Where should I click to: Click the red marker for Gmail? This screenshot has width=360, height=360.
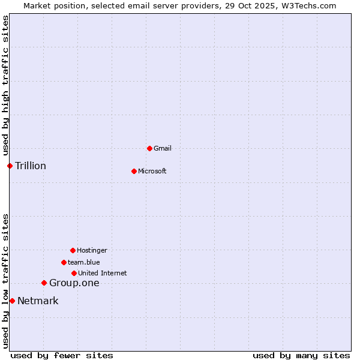149,148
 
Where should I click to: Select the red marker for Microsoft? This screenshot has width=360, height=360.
134,171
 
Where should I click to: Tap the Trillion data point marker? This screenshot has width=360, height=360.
10,166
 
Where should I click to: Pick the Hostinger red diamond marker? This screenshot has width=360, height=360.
73,250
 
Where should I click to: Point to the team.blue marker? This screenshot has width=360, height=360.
64,262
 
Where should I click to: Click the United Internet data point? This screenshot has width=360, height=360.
74,273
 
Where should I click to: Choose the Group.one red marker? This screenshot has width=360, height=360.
44,283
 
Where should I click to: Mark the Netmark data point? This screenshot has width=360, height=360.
12,301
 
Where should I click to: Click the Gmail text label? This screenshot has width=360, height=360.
163,148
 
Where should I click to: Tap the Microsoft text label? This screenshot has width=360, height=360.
152,171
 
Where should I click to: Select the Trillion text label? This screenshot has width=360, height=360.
31,166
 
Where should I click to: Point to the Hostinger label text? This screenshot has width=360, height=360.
92,250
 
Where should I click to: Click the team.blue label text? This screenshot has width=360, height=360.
84,262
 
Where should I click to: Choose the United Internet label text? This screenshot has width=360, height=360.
103,273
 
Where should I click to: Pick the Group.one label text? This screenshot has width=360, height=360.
74,283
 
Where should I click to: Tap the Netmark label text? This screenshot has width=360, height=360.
38,301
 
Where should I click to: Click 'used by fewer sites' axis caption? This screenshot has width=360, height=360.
62,355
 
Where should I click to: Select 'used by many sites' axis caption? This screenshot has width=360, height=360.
301,355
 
